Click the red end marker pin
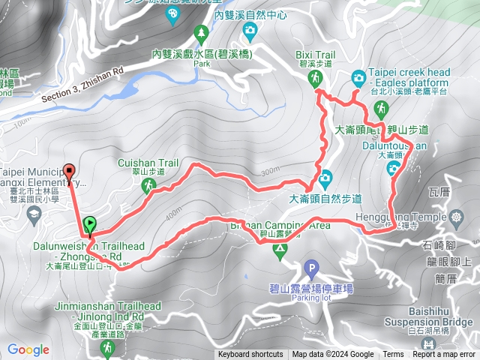click(x=70, y=172)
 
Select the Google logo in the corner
click(x=28, y=349)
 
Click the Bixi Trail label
click(x=314, y=55)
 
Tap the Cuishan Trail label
click(x=148, y=162)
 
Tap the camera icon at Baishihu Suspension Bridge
click(x=428, y=343)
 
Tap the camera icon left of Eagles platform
click(x=358, y=77)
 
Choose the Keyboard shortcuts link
click(x=250, y=355)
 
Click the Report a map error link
click(x=445, y=355)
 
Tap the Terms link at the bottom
click(x=393, y=355)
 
